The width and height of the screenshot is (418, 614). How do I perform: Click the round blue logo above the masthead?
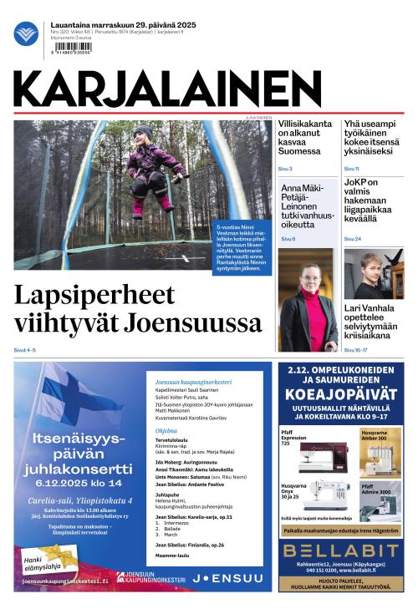[26, 34]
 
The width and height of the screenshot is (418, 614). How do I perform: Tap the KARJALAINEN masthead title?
[167, 89]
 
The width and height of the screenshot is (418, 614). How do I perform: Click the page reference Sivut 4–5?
[25, 349]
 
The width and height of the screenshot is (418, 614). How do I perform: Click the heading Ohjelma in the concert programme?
[166, 431]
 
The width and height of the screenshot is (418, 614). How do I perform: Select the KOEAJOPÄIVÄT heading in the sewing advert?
[339, 394]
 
